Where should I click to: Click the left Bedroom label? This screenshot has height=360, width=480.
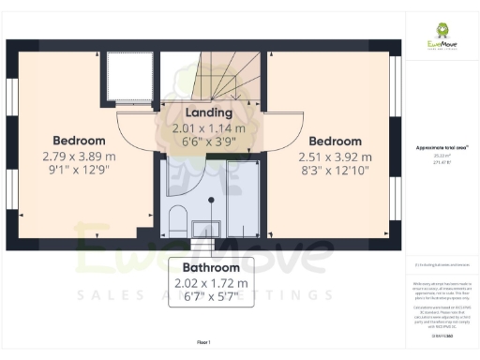point(79,142)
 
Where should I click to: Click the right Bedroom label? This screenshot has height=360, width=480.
point(329,142)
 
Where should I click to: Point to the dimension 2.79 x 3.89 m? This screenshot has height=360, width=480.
point(79,157)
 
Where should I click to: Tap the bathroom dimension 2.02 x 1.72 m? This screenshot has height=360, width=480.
point(211,283)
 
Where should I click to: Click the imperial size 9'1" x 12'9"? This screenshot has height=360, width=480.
point(79,172)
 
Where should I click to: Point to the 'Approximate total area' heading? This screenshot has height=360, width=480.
point(441,148)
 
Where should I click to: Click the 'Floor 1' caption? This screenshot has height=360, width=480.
point(202,343)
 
